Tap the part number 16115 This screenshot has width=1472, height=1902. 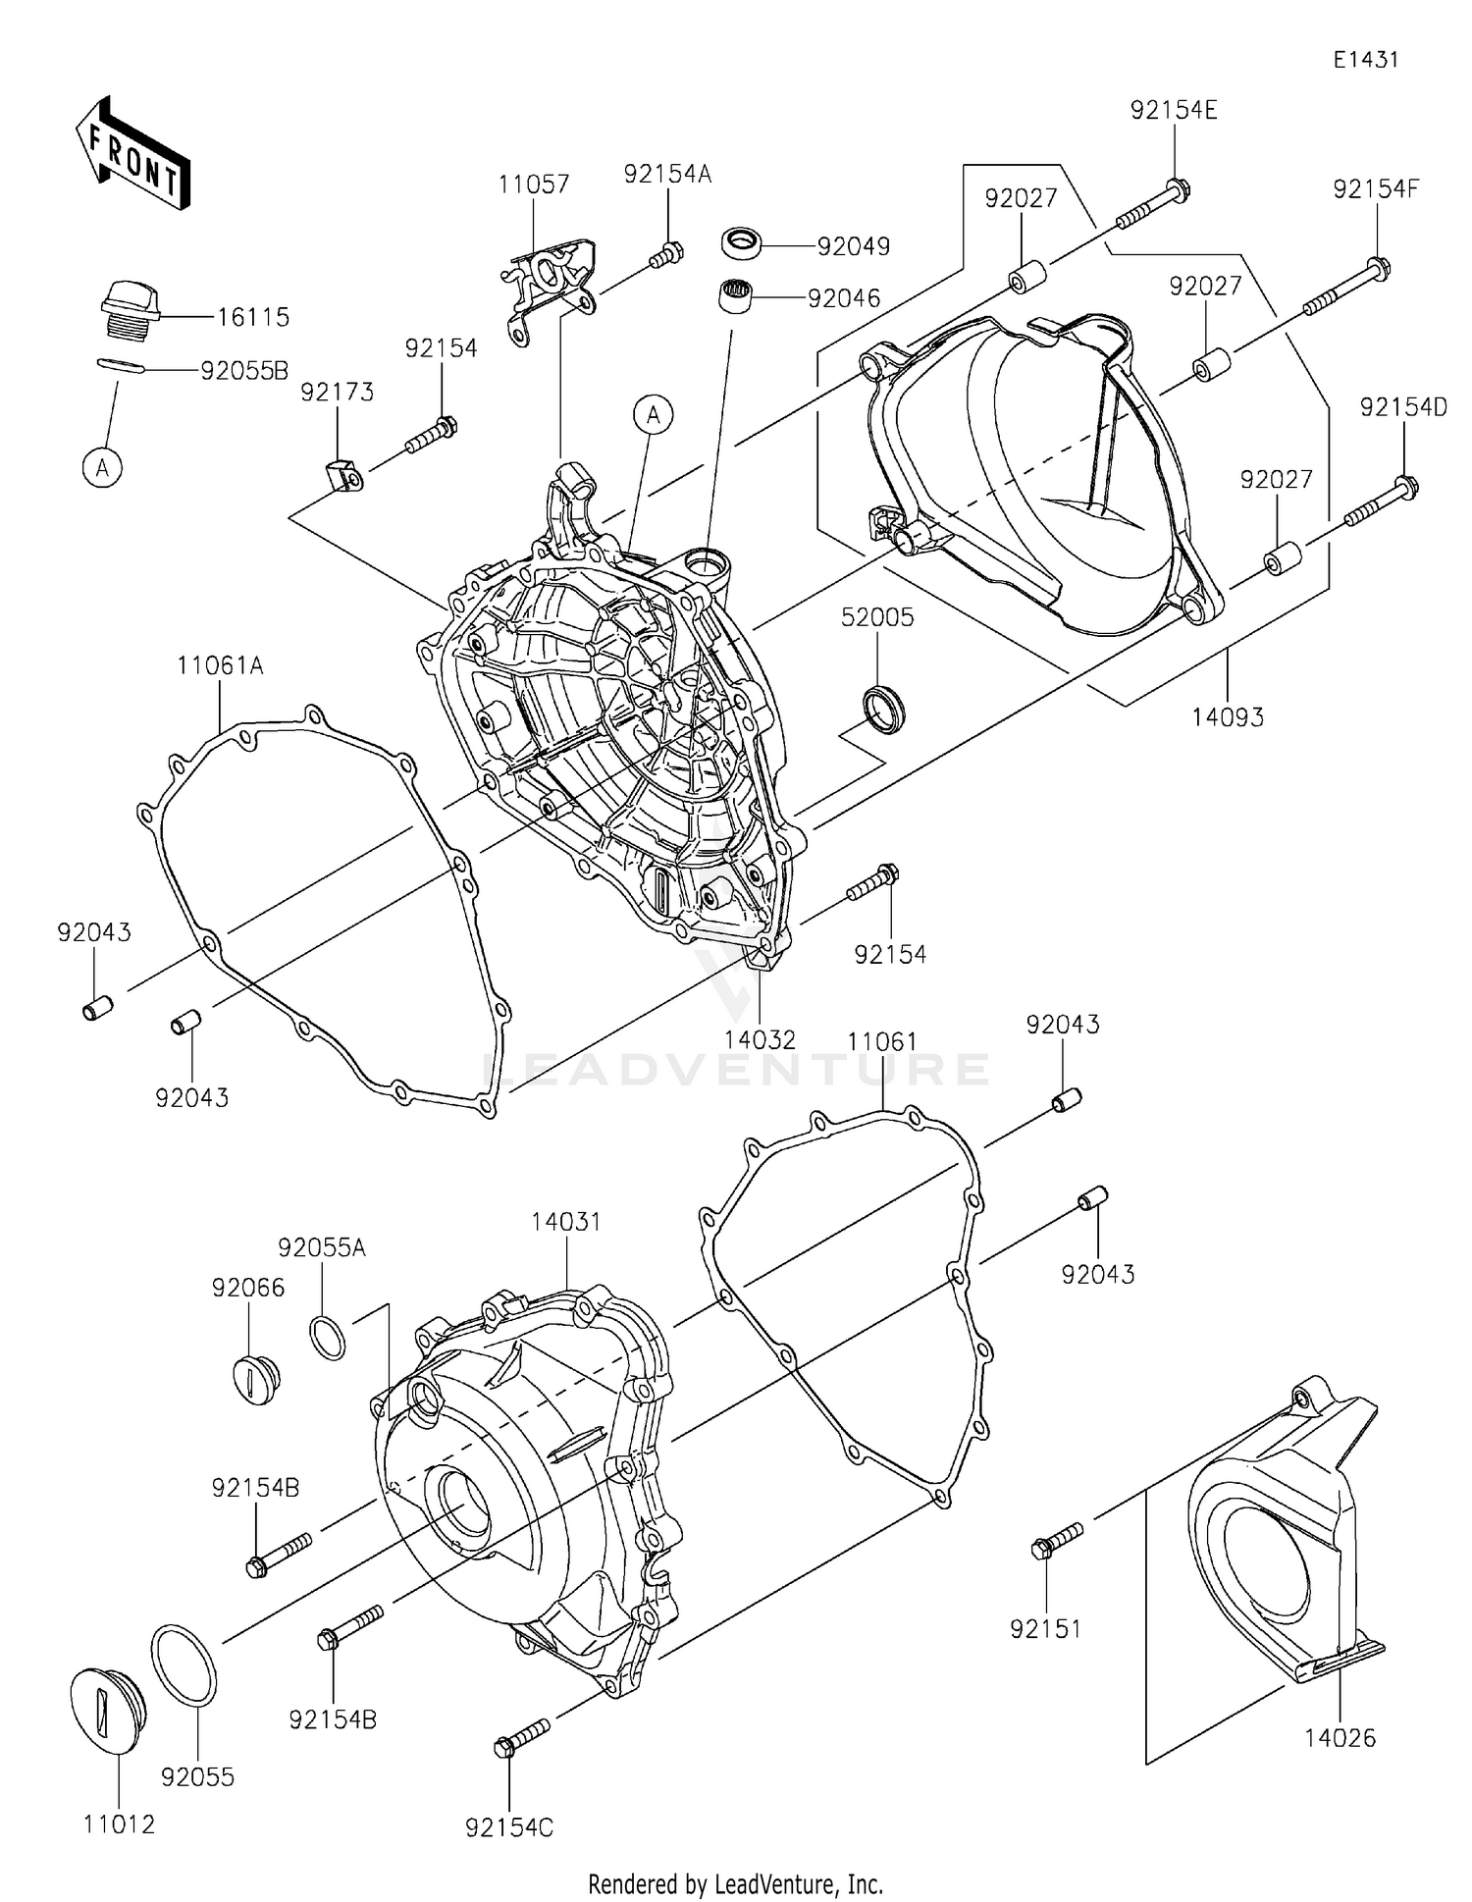click(x=253, y=317)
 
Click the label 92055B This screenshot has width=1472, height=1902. click(x=244, y=371)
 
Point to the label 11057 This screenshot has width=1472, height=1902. click(x=533, y=185)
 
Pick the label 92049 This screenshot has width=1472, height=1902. click(x=853, y=246)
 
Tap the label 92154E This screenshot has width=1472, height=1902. click(x=1174, y=111)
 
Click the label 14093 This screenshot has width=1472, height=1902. click(x=1228, y=717)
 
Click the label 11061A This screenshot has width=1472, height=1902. click(x=220, y=666)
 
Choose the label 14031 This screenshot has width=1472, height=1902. click(x=566, y=1222)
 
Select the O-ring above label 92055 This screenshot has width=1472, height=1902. click(x=184, y=1664)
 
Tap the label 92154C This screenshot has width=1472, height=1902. click(x=509, y=1827)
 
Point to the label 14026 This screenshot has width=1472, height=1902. click(x=1340, y=1738)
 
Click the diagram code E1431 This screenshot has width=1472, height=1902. click(x=1365, y=60)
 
